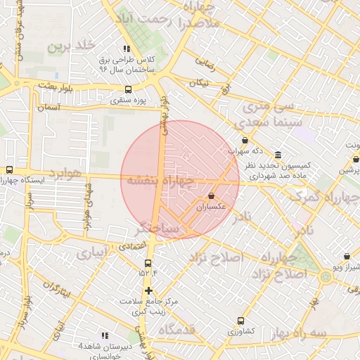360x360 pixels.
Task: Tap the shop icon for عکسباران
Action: [x=212, y=196]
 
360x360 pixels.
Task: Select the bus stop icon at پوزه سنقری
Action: [x=128, y=89]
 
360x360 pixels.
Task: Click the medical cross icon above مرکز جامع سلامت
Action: [x=148, y=290]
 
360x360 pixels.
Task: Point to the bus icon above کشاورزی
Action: [x=241, y=320]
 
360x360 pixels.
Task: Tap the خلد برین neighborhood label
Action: [x=70, y=46]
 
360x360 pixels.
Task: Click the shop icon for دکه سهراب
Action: [x=244, y=141]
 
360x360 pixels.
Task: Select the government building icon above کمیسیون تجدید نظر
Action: [x=278, y=155]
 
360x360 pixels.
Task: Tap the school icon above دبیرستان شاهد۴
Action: [x=105, y=335]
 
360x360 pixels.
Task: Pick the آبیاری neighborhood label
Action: [x=93, y=251]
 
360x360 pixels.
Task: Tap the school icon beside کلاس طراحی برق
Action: [x=127, y=49]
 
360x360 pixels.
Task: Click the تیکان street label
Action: [x=198, y=83]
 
